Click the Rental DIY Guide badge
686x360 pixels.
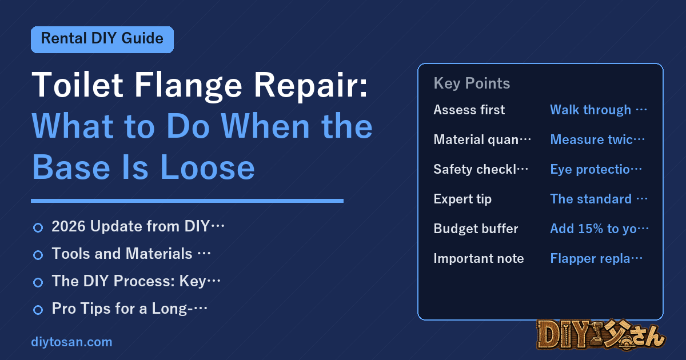(x=102, y=39)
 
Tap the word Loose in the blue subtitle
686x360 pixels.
(x=207, y=167)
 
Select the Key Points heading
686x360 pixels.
(x=472, y=83)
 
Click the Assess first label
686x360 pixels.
(x=469, y=110)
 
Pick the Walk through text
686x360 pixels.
(x=591, y=110)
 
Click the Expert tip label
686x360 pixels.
(x=462, y=199)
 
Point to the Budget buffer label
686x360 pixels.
(x=476, y=229)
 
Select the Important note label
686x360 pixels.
(x=478, y=258)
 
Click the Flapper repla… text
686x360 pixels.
(x=596, y=258)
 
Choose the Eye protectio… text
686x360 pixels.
(x=596, y=169)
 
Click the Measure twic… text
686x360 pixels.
(x=597, y=139)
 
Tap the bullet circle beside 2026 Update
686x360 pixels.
(x=38, y=227)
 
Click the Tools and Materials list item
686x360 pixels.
(x=131, y=254)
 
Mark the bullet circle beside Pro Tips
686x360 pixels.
(x=38, y=310)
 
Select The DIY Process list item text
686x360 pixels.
(x=136, y=281)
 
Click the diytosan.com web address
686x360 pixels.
(x=71, y=342)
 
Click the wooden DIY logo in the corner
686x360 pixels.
(x=601, y=335)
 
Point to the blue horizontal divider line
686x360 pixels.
(x=187, y=201)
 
